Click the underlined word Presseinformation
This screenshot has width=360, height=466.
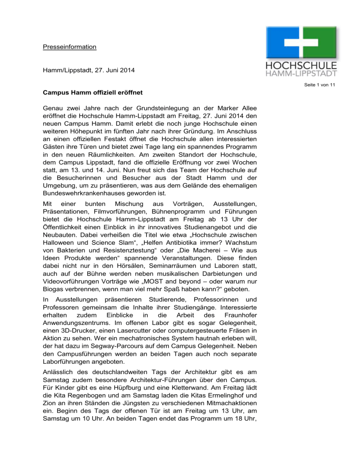pyautogui.click(x=67, y=47)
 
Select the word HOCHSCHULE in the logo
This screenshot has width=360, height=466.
pyautogui.click(x=307, y=66)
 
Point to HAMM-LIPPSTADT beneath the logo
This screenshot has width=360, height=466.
pyautogui.click(x=307, y=75)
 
